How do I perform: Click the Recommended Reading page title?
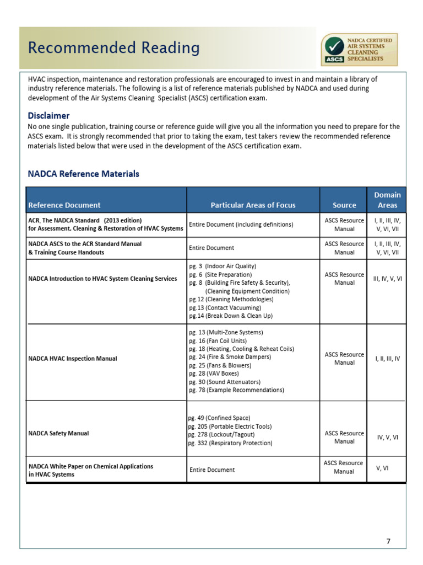114,48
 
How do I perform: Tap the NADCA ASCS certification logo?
359,49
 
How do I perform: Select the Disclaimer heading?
48,116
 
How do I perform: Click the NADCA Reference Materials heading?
83,174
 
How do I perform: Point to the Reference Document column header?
64,205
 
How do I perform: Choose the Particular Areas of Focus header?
253,205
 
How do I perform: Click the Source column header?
344,205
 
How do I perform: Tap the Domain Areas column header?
387,200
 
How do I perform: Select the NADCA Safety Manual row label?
58,433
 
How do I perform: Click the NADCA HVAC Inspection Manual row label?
72,358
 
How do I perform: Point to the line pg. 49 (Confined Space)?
219,418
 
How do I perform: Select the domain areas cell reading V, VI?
387,468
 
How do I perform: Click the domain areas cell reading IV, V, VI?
387,437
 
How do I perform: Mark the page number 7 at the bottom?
388,541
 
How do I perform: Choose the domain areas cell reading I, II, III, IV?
387,358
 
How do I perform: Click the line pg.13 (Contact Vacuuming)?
225,307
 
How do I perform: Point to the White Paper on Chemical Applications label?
90,470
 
